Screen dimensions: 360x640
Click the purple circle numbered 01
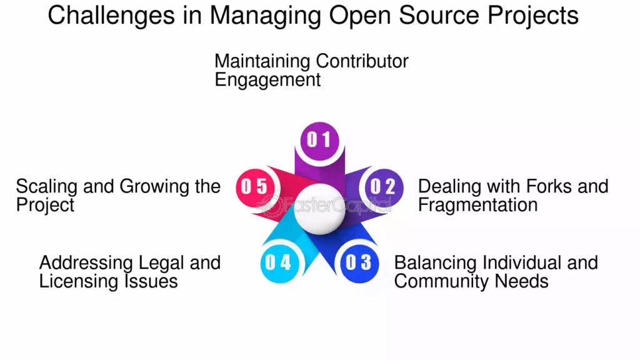(x=319, y=139)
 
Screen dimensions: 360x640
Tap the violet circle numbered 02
(x=382, y=186)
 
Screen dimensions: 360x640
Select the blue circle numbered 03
(x=358, y=262)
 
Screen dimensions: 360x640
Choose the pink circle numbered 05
(x=255, y=186)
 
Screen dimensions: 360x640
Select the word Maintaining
(x=262, y=61)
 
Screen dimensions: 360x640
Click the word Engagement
(x=267, y=80)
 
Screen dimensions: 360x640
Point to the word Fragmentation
(x=477, y=205)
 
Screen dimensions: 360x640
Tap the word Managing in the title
(x=264, y=15)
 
